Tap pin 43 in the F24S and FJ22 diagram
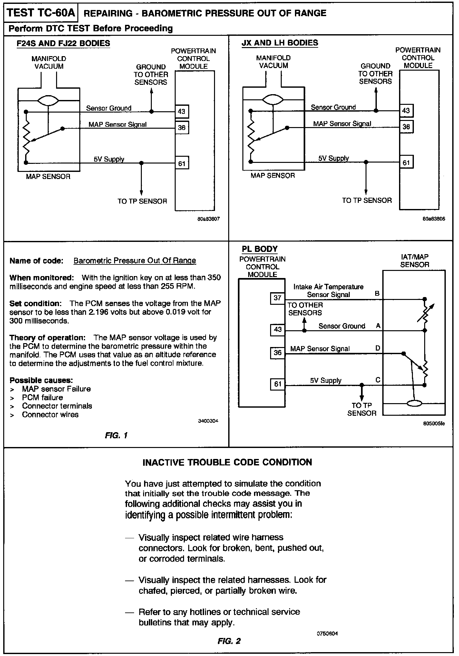181,112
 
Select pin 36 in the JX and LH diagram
406,127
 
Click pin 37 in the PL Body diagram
278,298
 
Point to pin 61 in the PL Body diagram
278,384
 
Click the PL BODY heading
259,249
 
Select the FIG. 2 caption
229,641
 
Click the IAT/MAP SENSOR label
415,261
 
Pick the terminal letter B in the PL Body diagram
377,293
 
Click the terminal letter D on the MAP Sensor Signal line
378,348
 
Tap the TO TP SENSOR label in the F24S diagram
142,201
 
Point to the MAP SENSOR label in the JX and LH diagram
273,175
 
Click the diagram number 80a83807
209,219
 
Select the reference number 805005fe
434,423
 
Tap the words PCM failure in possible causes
42,397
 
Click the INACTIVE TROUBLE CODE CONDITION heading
227,462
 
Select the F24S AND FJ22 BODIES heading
63,43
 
